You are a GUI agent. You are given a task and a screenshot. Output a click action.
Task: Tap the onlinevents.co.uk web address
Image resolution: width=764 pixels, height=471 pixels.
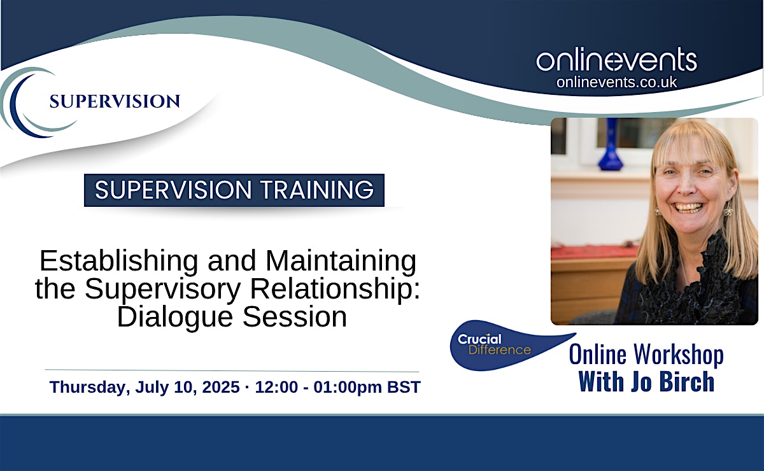coord(617,82)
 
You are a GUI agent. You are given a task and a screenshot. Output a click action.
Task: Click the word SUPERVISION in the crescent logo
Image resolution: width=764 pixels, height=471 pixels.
coord(115,102)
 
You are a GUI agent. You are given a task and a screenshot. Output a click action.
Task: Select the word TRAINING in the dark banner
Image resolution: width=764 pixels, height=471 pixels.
coord(317,190)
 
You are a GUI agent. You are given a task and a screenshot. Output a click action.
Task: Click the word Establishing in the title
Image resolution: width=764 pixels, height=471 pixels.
coord(119,262)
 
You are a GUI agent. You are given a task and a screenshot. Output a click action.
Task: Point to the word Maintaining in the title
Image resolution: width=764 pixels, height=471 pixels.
coord(341,262)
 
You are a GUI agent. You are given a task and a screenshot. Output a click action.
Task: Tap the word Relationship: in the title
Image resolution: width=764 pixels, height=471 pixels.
coord(335,289)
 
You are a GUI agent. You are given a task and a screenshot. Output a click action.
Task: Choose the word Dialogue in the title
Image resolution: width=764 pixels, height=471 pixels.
coord(175,318)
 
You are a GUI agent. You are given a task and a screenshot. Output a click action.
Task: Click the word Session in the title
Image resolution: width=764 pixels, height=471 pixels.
coord(295,317)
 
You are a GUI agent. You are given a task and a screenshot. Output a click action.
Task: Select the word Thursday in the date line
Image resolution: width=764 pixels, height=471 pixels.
coord(90,388)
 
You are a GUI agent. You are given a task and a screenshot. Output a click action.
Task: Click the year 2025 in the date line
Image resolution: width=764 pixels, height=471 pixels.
coord(221,387)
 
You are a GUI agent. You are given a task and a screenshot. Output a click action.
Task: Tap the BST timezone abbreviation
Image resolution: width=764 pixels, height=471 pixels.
coord(404,387)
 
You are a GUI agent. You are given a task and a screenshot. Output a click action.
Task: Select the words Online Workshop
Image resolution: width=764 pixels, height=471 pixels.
coord(646,355)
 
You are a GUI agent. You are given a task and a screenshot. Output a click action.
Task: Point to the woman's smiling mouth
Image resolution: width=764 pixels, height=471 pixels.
coord(689,207)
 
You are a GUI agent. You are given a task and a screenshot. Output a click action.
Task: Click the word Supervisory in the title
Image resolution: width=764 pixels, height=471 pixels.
coord(163,289)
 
